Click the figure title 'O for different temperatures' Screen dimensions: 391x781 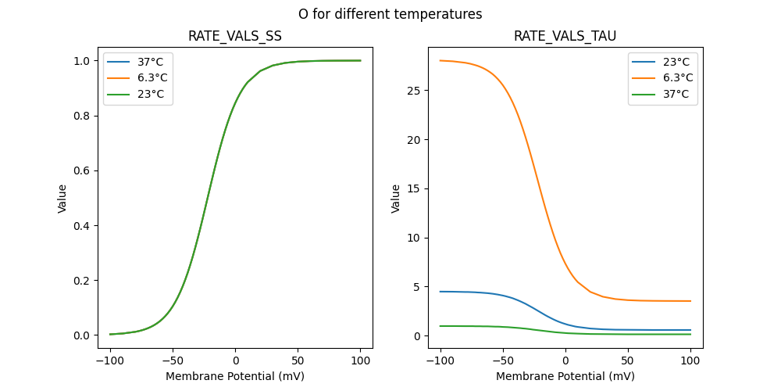coord(390,14)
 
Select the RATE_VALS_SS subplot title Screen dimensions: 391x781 coord(235,37)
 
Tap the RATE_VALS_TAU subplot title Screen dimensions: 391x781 coord(565,37)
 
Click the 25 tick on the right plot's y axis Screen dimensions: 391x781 coord(414,91)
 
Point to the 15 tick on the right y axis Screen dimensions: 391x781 coord(414,188)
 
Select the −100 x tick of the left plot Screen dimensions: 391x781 coord(110,360)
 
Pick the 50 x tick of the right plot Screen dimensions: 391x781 coord(628,360)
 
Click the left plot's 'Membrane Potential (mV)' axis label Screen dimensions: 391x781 coord(235,376)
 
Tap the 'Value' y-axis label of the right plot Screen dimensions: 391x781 coord(396,199)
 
